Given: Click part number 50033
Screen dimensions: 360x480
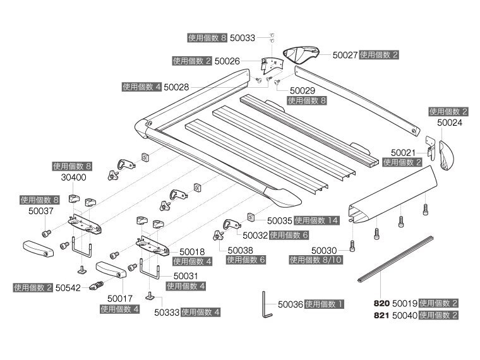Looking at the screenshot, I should [x=242, y=38].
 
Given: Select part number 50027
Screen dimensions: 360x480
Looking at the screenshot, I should [x=345, y=55].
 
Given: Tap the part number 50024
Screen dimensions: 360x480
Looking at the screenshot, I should [x=450, y=123].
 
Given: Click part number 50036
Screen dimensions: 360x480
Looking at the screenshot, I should [x=290, y=304].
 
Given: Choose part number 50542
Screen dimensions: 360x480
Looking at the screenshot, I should [x=68, y=287].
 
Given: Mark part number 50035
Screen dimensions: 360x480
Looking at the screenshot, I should [x=280, y=220].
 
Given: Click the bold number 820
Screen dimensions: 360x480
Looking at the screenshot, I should [x=382, y=303].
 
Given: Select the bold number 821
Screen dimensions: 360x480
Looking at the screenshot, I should [x=382, y=315].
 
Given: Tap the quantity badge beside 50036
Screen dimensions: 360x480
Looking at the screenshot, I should [x=324, y=304].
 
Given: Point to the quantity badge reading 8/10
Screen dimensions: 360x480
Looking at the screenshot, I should [x=316, y=260].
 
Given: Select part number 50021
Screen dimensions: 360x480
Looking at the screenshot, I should [x=402, y=152].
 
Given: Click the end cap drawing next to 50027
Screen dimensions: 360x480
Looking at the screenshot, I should [x=302, y=56].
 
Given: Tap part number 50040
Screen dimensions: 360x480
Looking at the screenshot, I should [x=405, y=315].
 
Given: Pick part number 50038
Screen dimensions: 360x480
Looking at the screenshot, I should [x=239, y=249].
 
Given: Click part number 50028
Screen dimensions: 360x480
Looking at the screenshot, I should [x=176, y=87].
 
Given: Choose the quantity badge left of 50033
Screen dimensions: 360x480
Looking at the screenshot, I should [x=207, y=38].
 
